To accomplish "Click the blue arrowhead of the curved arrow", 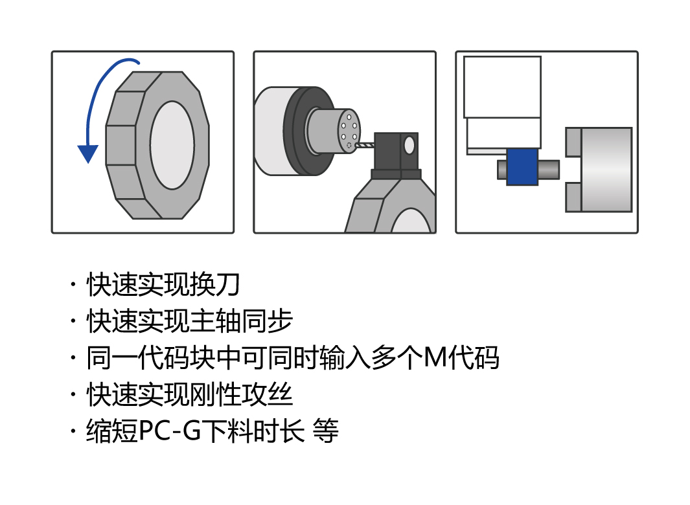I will pos(87,153).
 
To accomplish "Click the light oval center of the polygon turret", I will pos(172,145).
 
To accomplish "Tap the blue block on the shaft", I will pos(522,167).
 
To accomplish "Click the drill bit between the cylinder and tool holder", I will pos(366,146).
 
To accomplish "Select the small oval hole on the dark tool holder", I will pos(409,144).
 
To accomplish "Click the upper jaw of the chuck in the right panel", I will pos(573,142).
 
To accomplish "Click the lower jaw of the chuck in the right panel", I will pos(573,197).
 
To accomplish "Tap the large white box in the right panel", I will pos(502,87).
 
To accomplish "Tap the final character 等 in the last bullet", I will pos(325,431).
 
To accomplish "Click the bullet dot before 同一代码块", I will pos(73,358).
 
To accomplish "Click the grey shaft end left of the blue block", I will pos(502,170).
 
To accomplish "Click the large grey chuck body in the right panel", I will pos(606,170).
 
